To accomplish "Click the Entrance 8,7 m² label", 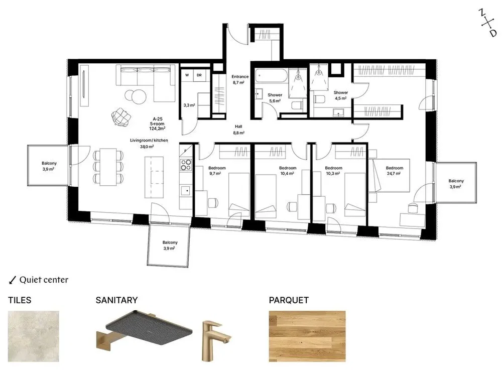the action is point(240,79).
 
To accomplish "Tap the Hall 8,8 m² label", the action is point(238,130).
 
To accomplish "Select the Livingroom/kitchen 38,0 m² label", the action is point(149,144).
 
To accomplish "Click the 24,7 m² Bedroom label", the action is point(395,171).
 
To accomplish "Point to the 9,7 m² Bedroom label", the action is point(217,171).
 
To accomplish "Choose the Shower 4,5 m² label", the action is point(341,95).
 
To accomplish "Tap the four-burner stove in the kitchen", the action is point(186,165).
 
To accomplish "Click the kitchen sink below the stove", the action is point(186,191).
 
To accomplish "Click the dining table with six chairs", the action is point(108,167).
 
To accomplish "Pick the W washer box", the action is point(187,75).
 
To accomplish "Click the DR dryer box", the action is point(199,75).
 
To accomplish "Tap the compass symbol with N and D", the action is point(488,23).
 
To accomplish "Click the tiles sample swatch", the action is point(34,336).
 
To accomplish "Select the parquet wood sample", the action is point(307,336).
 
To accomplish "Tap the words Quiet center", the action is point(44,280).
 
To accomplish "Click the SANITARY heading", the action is point(116,300).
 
